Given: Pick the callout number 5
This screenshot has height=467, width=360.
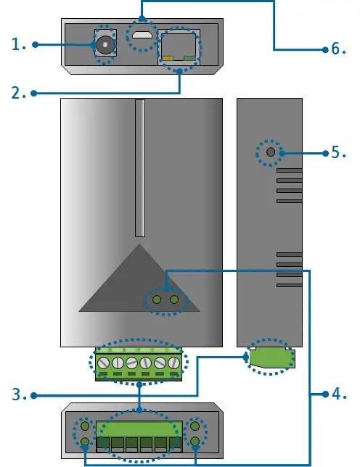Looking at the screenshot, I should pyautogui.click(x=339, y=152).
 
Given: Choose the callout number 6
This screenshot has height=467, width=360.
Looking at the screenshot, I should pyautogui.click(x=339, y=49).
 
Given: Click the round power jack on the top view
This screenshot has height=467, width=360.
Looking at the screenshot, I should pyautogui.click(x=106, y=46).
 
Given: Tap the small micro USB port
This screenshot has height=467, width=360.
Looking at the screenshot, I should pyautogui.click(x=142, y=35).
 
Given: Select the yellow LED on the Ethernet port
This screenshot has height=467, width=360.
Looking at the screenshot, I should pyautogui.click(x=167, y=58).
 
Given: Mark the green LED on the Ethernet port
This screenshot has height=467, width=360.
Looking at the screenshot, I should pyautogui.click(x=190, y=58).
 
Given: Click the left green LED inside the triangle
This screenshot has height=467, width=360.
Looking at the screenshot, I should pyautogui.click(x=157, y=299).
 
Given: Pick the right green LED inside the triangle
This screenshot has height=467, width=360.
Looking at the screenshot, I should pyautogui.click(x=173, y=299).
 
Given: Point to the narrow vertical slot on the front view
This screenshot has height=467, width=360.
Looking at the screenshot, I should pyautogui.click(x=140, y=168).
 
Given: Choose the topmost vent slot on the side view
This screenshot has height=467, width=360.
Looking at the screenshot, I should pyautogui.click(x=288, y=173).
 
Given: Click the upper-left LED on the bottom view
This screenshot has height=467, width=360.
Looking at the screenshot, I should pyautogui.click(x=85, y=427).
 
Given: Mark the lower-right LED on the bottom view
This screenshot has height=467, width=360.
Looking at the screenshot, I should pyautogui.click(x=195, y=441).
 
